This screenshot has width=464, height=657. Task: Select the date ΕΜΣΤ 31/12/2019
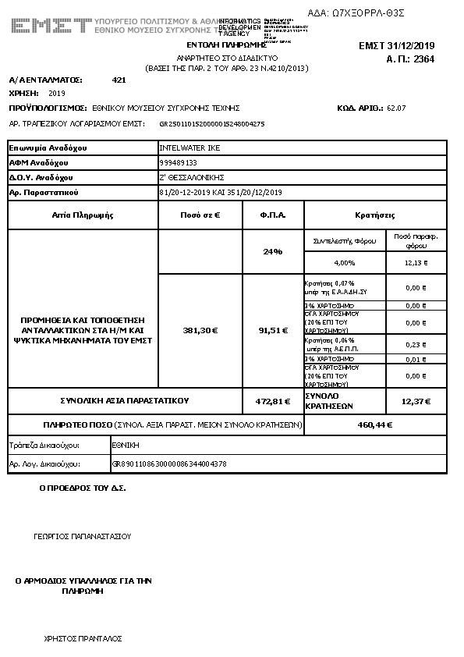pyautogui.click(x=407, y=45)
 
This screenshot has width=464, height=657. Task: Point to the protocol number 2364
pyautogui.click(x=423, y=59)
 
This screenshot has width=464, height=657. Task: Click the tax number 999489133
pyautogui.click(x=178, y=162)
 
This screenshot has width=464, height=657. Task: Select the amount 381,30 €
pyautogui.click(x=200, y=330)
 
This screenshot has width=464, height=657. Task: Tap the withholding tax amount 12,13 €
pyautogui.click(x=416, y=262)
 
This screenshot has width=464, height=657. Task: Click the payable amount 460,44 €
pyautogui.click(x=374, y=425)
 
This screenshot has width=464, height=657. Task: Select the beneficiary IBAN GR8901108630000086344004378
pyautogui.click(x=170, y=463)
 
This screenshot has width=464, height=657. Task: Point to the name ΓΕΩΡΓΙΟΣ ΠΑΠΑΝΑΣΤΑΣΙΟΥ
pyautogui.click(x=83, y=536)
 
